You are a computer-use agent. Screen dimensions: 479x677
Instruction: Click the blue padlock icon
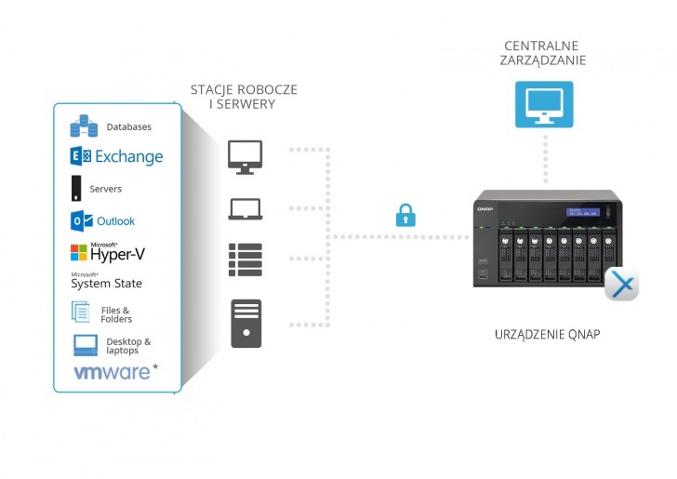(405, 216)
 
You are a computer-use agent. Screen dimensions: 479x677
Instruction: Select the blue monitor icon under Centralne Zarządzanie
(544, 104)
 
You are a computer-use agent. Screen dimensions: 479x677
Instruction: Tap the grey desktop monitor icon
(246, 156)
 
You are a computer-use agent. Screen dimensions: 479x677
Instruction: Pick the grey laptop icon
(246, 208)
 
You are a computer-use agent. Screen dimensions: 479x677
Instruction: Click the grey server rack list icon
(246, 259)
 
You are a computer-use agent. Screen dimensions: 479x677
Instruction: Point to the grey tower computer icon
(246, 323)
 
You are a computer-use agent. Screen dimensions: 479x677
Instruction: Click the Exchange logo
(116, 156)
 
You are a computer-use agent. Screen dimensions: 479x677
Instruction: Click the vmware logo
(112, 373)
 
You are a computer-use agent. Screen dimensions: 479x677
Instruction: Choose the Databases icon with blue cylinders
(84, 126)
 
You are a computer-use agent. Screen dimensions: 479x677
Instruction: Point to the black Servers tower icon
(76, 189)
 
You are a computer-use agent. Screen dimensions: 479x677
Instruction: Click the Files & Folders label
(116, 314)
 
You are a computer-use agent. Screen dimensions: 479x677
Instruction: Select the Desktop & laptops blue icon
(86, 345)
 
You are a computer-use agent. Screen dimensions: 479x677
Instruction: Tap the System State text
(106, 283)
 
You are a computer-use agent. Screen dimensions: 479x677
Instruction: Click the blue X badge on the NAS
(621, 285)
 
